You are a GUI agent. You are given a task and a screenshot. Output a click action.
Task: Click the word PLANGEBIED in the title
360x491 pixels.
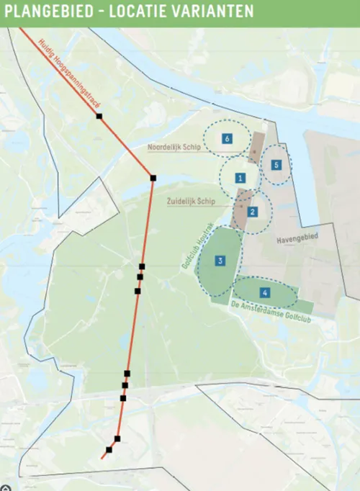coord(49,12)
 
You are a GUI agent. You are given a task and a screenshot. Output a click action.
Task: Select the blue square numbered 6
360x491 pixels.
coord(227,138)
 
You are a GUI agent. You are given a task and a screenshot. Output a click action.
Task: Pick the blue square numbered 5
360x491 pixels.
coord(276,164)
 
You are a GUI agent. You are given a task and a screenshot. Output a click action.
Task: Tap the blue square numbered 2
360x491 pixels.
coord(253,212)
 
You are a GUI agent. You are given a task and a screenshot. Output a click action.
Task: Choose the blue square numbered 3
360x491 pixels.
coord(220,261)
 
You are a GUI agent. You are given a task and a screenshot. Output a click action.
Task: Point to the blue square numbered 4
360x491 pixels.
coord(265,292)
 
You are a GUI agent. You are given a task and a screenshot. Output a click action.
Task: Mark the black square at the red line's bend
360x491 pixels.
coord(153,178)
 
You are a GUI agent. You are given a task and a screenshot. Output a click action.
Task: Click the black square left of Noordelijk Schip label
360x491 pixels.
coord(99,116)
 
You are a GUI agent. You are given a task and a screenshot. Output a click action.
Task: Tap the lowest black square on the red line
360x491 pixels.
coord(109,450)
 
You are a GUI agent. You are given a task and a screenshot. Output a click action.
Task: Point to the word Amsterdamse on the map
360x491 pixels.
coord(270,315)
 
